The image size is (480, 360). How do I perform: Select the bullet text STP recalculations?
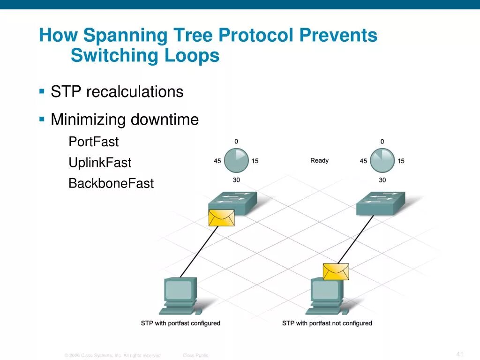[x=117, y=91]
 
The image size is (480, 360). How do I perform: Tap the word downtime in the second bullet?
[x=165, y=120]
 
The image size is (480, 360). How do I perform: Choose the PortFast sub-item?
[x=94, y=142]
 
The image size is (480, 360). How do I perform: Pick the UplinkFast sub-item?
[x=100, y=163]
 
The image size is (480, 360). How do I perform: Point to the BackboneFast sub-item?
[x=111, y=183]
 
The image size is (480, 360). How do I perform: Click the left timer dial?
[x=236, y=161]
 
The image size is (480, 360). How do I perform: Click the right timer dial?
[x=382, y=161]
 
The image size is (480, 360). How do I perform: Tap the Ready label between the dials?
[x=319, y=161]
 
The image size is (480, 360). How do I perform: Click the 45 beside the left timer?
[x=217, y=161]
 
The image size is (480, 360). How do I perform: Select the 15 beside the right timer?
[x=401, y=161]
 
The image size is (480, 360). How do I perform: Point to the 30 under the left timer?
[x=236, y=180]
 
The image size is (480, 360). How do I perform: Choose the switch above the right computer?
[x=380, y=203]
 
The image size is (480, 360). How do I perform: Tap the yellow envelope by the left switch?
[x=221, y=218]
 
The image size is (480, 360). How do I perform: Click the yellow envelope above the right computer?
[x=336, y=272]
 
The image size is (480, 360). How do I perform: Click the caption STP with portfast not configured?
[x=327, y=323]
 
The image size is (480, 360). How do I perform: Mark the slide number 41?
[x=459, y=353]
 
